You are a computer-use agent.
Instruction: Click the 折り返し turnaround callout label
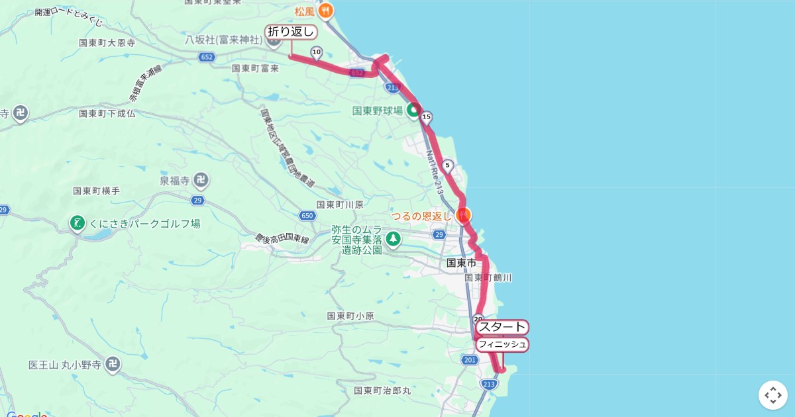coord(291,32)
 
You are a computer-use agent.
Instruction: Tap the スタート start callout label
coord(502,327)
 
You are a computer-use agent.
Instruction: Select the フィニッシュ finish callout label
coord(502,344)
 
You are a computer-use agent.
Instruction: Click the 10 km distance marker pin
coord(316,52)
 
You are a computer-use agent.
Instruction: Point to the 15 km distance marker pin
coord(426,118)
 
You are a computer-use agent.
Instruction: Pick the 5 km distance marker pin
coord(447,165)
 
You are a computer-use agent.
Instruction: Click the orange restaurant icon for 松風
coord(325,11)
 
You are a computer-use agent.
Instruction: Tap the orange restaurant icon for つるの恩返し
coord(463,215)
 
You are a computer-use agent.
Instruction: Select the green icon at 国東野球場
coord(413,111)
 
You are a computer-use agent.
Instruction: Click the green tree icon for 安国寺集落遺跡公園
coord(394,238)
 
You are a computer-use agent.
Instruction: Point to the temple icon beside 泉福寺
coord(201,179)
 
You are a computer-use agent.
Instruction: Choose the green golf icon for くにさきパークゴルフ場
coord(78,224)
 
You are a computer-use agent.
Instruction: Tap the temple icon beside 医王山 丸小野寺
coord(113,364)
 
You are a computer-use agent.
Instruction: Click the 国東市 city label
coord(461,263)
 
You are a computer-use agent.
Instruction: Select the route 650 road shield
coord(307,216)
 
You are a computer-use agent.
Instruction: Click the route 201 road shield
coord(470,360)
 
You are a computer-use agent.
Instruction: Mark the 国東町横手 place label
coord(96,191)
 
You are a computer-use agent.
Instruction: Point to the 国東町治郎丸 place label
coord(382,391)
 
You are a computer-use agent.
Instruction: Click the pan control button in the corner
coord(772,395)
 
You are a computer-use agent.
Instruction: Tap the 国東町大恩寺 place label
coord(107,43)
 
